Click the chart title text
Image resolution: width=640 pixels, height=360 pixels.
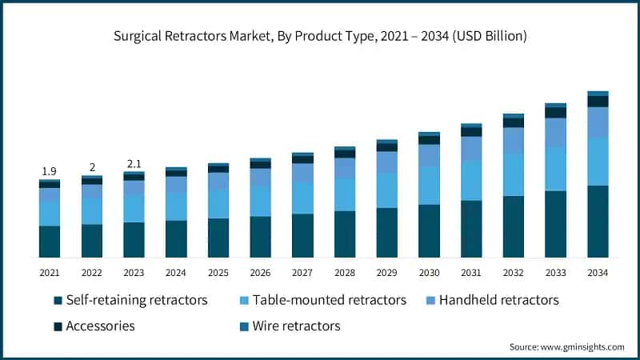[x=320, y=37]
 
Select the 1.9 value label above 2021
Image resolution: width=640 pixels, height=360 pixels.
[x=49, y=171]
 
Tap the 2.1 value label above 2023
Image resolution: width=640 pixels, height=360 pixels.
[x=134, y=164]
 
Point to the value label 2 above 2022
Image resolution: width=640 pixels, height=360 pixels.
[x=92, y=167]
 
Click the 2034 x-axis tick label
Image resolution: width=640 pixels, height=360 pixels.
[x=597, y=273]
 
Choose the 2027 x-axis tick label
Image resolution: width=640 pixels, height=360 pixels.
[x=302, y=273]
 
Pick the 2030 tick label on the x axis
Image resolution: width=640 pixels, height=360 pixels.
[x=429, y=273]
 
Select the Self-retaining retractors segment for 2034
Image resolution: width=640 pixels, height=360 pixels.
[x=597, y=221]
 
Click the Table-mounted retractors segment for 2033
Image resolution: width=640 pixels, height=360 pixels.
[x=555, y=169]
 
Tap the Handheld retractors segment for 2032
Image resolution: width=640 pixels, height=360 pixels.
[x=513, y=140]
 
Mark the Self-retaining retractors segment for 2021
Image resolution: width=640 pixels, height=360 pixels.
[x=49, y=242]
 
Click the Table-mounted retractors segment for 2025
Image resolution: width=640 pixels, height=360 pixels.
[x=218, y=204]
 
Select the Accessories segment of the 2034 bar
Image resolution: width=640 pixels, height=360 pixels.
[x=597, y=102]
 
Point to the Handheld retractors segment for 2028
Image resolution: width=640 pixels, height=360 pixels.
[x=345, y=168]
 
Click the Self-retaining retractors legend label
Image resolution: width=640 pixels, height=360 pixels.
[x=137, y=300]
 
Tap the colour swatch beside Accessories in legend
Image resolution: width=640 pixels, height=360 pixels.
[x=58, y=326]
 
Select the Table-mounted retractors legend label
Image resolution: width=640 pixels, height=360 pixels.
[x=329, y=300]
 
